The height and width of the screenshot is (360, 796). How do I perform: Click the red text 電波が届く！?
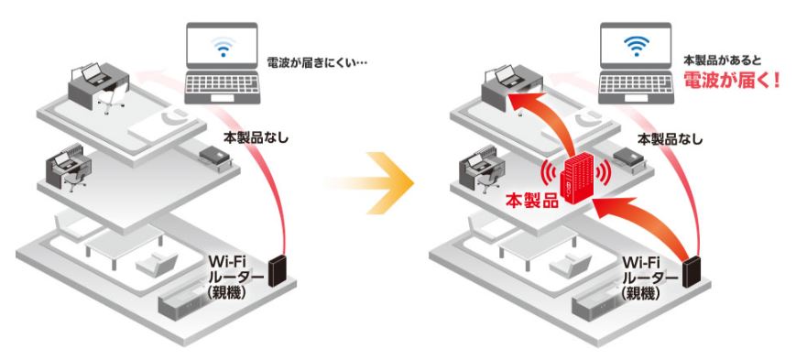pyautogui.click(x=731, y=79)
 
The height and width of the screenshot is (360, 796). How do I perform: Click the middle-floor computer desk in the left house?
pyautogui.click(x=69, y=169)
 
